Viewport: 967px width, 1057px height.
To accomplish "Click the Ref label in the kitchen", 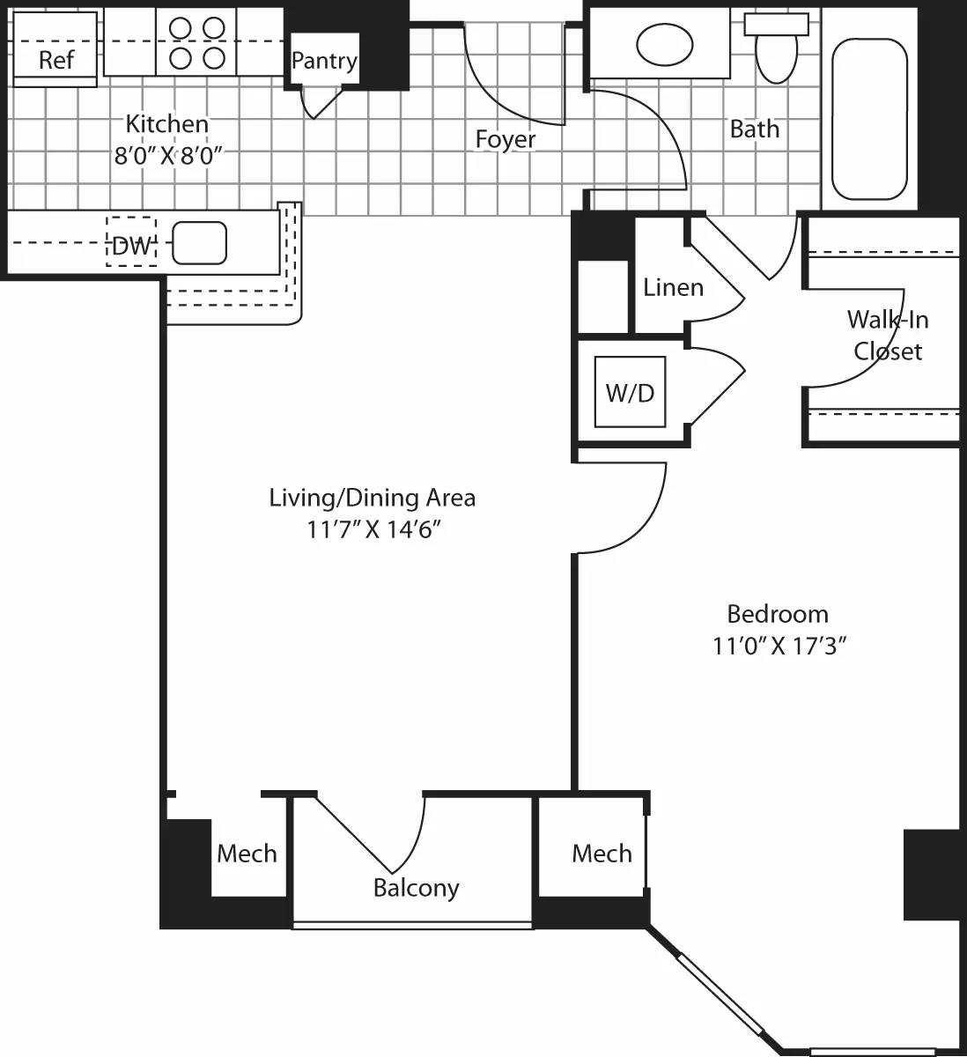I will [x=56, y=60].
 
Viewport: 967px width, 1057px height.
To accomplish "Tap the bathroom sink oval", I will [x=664, y=45].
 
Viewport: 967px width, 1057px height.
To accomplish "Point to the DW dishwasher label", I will [x=132, y=246].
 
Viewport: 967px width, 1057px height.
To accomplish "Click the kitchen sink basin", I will [x=199, y=243].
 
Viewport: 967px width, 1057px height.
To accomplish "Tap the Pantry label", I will [x=324, y=61].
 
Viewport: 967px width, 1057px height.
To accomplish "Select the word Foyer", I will [x=506, y=139].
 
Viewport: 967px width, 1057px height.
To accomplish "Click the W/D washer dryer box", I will [x=630, y=392].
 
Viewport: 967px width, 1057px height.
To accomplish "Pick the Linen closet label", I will [x=673, y=287].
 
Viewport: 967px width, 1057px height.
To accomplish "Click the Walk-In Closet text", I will [x=888, y=335].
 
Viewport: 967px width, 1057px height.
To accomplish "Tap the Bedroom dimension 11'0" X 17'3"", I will [x=779, y=647].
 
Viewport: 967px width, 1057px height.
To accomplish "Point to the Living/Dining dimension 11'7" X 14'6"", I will [x=373, y=530].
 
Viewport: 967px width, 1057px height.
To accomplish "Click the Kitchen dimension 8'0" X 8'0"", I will [x=166, y=156].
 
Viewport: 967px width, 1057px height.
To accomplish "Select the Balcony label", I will [x=416, y=887].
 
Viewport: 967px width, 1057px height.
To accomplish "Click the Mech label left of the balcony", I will [x=247, y=853].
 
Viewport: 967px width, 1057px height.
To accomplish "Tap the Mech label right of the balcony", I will [x=602, y=853].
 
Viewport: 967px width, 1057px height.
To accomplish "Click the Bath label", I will [x=755, y=129].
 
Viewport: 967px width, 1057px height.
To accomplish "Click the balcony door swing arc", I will [x=414, y=846].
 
